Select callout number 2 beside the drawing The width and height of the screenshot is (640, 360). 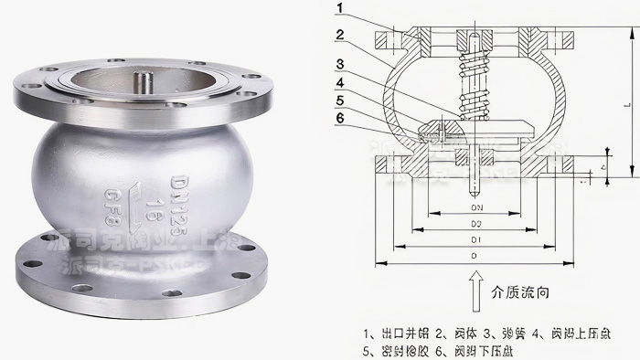pos(340,37)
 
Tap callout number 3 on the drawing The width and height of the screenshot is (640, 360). pos(340,64)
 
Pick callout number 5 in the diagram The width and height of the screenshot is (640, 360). pos(340,101)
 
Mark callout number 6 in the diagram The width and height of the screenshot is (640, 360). pos(340,118)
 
